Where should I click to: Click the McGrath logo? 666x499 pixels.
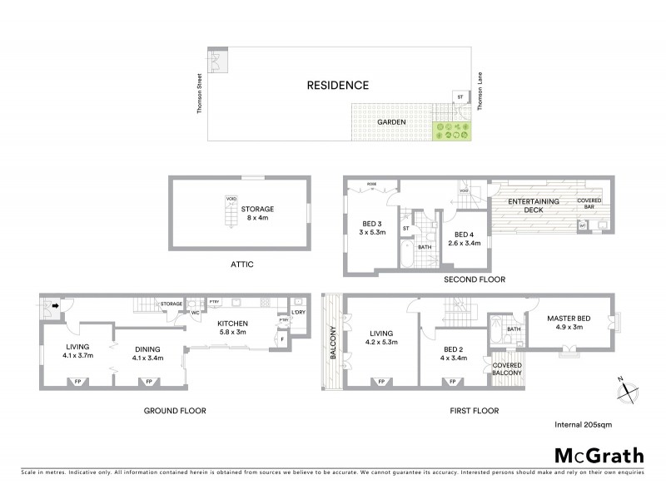[599, 455]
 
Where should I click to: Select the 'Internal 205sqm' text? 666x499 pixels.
[588, 425]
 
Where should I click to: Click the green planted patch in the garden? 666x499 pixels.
[450, 130]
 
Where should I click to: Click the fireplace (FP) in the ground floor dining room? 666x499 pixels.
[149, 383]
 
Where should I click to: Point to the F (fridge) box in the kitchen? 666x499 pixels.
[285, 338]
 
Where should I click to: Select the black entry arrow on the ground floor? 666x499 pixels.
[56, 305]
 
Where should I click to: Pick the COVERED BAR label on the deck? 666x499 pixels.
[590, 202]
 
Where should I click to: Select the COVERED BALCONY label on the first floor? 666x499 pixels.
[507, 368]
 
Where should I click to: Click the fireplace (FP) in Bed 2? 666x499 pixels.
[454, 383]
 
